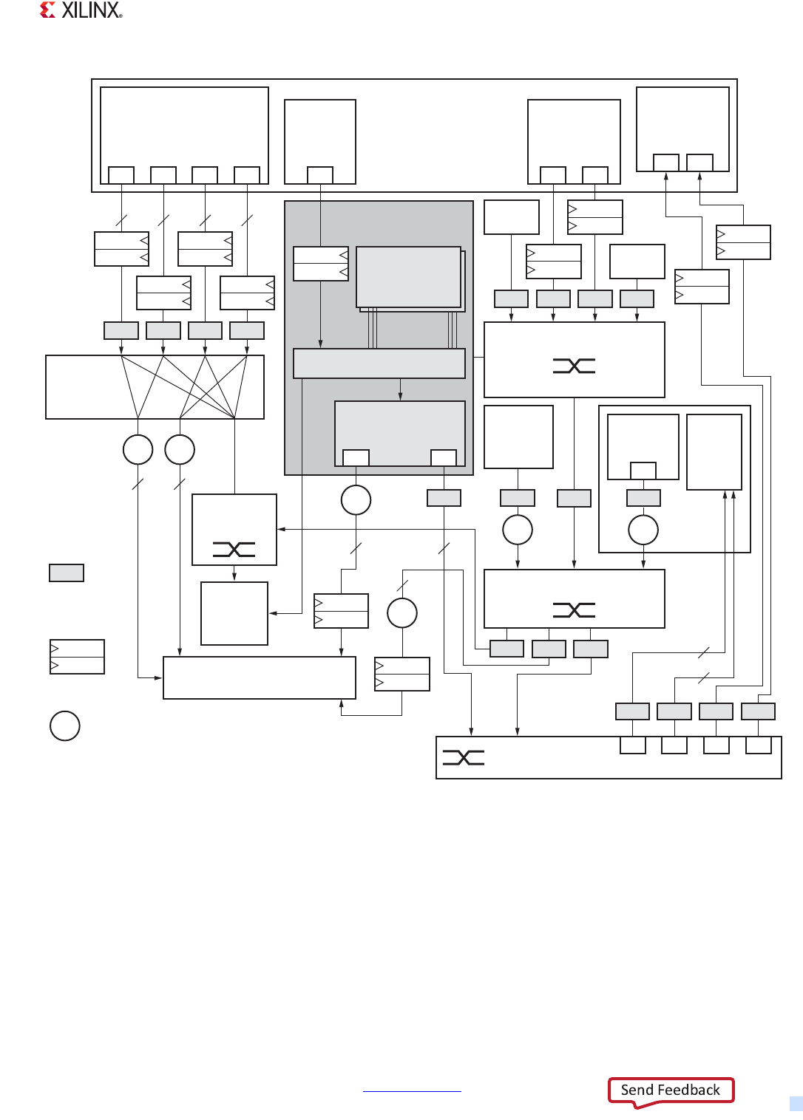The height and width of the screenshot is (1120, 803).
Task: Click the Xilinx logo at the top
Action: tap(81, 10)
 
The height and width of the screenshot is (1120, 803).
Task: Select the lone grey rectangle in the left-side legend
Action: tap(67, 573)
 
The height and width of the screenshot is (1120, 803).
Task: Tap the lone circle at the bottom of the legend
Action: tap(65, 725)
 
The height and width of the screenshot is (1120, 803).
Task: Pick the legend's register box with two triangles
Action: tap(77, 657)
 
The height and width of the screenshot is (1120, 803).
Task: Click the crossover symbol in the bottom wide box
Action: tap(464, 757)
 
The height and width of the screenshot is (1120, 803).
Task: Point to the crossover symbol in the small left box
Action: tap(234, 549)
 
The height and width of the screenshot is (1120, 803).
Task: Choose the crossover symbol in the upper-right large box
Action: tap(574, 366)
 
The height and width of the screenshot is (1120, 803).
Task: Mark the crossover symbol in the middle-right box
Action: tap(574, 609)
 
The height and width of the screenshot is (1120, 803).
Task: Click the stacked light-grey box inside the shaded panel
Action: tap(409, 277)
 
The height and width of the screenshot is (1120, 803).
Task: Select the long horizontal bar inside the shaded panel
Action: tap(379, 363)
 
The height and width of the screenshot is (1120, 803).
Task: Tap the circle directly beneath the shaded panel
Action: tap(356, 500)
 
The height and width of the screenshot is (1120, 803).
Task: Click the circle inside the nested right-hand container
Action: tap(643, 530)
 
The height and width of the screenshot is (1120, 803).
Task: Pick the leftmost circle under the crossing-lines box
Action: tap(138, 449)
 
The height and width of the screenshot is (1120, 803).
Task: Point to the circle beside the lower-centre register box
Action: tap(402, 612)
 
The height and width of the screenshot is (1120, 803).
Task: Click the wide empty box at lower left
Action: tap(259, 677)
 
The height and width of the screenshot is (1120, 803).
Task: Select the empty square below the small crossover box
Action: tap(234, 613)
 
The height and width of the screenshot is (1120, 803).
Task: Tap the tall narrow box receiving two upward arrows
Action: tap(714, 451)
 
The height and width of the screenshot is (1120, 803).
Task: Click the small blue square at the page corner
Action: tap(796, 1104)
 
